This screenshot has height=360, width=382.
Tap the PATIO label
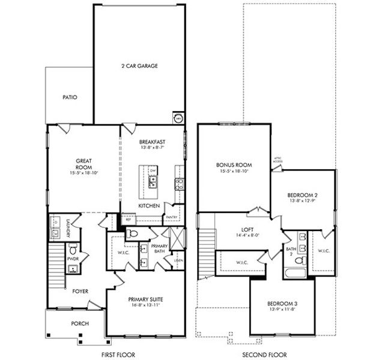[x=70, y=97]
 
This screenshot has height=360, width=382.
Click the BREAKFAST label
[x=152, y=142]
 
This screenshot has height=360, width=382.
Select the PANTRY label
[x=171, y=217]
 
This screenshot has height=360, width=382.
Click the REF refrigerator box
[x=128, y=220]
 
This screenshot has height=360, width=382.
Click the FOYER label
[x=80, y=292]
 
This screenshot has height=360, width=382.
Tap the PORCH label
[x=80, y=323]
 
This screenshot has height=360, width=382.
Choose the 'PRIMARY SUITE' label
[x=145, y=299]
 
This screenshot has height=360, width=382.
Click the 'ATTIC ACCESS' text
[x=278, y=160]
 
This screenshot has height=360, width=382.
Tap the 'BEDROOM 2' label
[x=303, y=196]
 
